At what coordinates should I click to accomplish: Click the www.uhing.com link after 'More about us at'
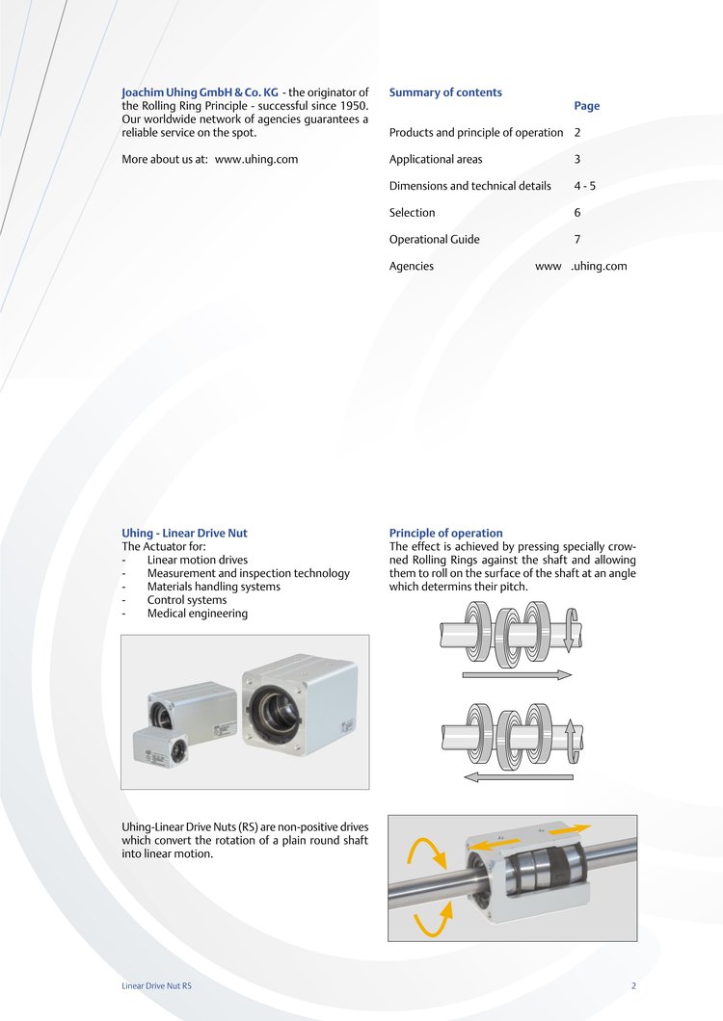tap(256, 159)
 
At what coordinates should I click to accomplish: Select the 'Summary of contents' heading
tap(445, 92)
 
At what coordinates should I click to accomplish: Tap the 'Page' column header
tap(586, 106)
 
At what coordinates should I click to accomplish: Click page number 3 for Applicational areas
tap(577, 159)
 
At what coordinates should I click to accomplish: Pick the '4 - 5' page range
tap(584, 186)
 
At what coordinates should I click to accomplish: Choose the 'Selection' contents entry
tap(412, 213)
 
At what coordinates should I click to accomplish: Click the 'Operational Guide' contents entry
tap(434, 240)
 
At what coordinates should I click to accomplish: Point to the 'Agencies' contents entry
tap(412, 266)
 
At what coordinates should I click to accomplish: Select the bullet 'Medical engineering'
tap(197, 614)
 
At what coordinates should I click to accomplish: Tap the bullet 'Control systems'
tap(187, 600)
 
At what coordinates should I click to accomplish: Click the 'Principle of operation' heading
tap(445, 533)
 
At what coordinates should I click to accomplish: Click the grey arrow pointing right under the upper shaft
tap(518, 675)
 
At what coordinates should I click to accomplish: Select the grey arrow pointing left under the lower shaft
tap(518, 775)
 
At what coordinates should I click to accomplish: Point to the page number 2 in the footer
tap(633, 986)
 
